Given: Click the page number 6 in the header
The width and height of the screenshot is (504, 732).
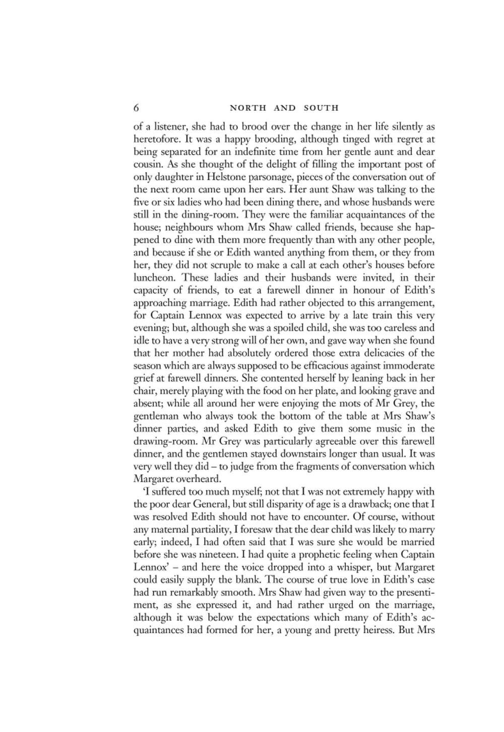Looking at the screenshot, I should pos(137,108).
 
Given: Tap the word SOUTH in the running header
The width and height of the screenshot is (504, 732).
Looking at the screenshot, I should pos(322,108).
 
